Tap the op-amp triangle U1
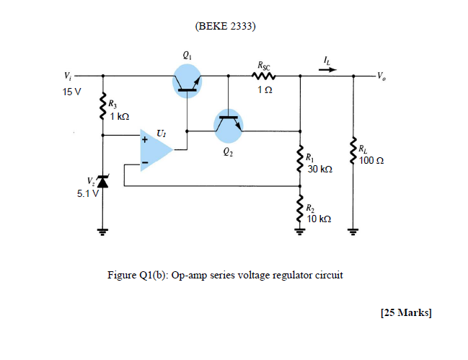point(155,151)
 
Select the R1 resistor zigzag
point(299,159)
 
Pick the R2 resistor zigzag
point(299,211)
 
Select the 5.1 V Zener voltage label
point(88,193)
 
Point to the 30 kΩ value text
point(319,170)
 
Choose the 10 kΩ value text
point(319,219)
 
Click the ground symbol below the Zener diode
point(102,232)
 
